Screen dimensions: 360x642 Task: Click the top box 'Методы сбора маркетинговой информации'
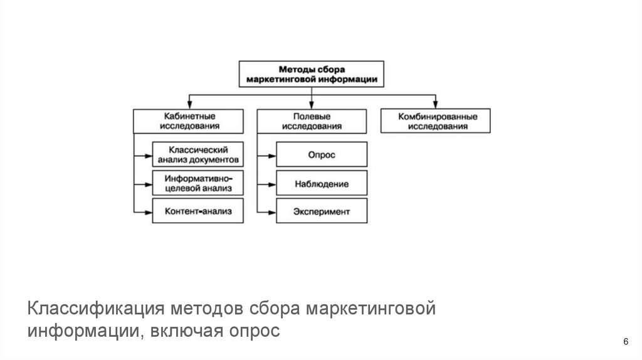[312, 73]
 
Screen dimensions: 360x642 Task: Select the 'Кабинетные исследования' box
[188, 121]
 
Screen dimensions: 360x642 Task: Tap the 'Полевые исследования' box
[312, 121]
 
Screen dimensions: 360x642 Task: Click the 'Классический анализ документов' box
[197, 154]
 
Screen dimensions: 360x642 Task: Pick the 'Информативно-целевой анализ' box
[197, 183]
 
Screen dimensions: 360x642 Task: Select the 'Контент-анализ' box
[197, 211]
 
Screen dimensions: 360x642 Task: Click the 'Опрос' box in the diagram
[322, 154]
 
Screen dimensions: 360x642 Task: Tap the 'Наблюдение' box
[322, 184]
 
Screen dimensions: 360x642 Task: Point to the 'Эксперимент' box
[322, 211]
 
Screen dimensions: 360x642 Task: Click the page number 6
[625, 341]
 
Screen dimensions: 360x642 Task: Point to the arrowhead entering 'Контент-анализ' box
[149, 211]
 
